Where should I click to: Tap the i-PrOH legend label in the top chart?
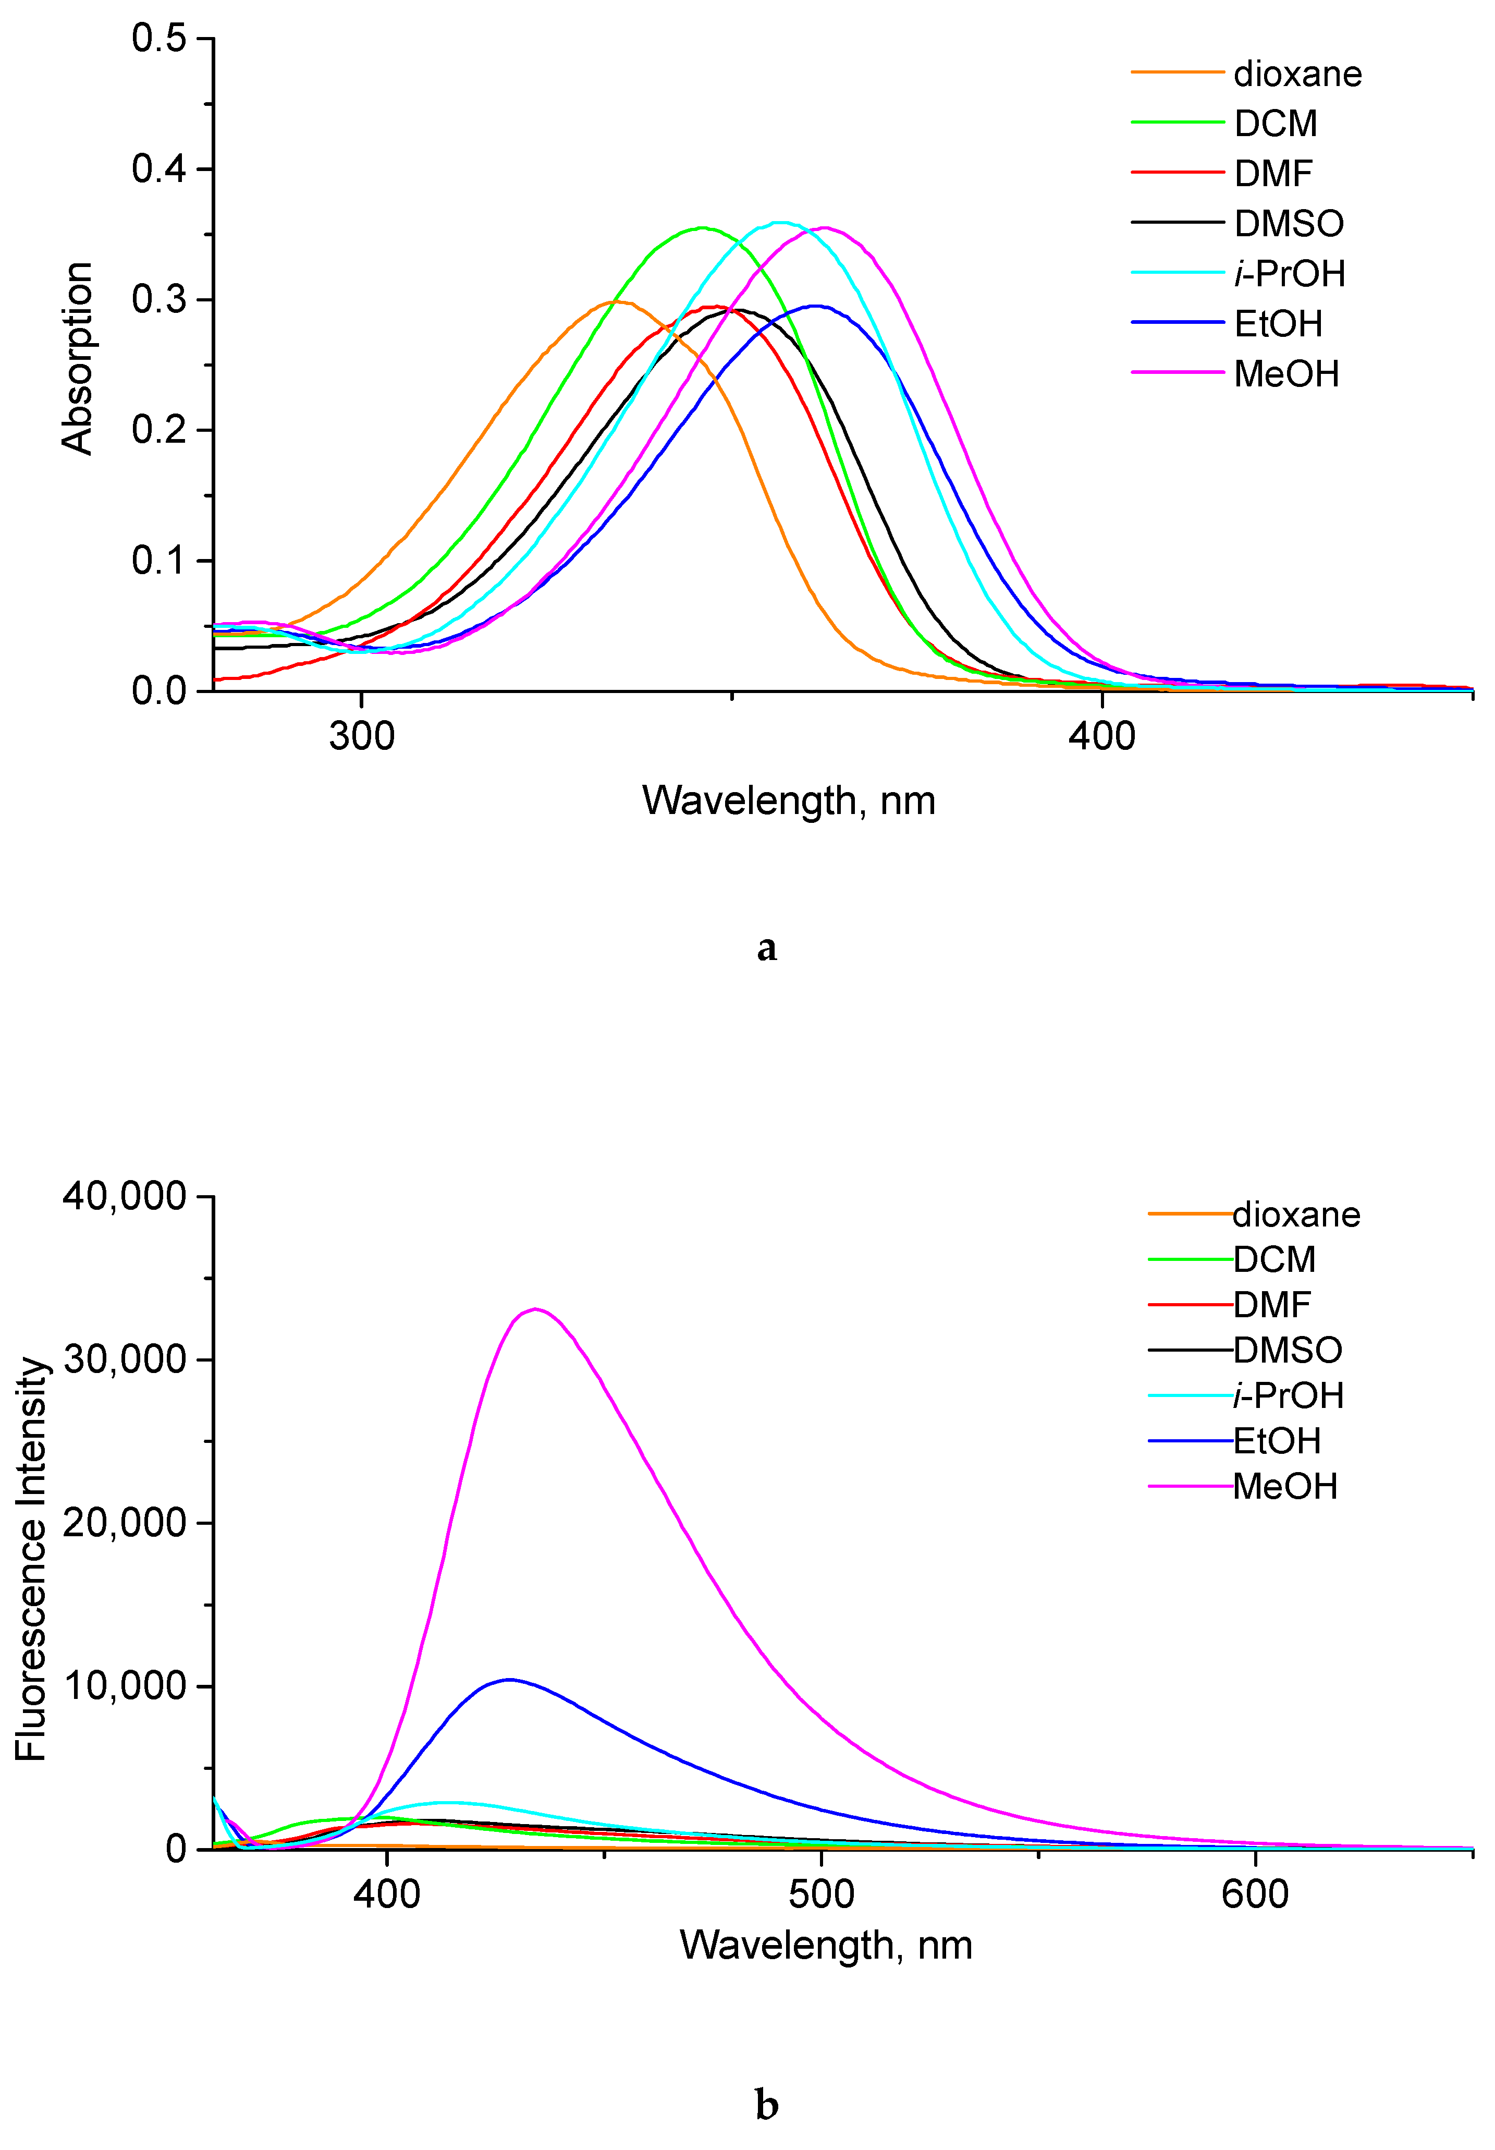1289,273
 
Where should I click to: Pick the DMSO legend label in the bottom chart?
1287,1350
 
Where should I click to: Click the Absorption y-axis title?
78,359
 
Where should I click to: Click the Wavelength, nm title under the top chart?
788,800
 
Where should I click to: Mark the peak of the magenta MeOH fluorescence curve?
534,1309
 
